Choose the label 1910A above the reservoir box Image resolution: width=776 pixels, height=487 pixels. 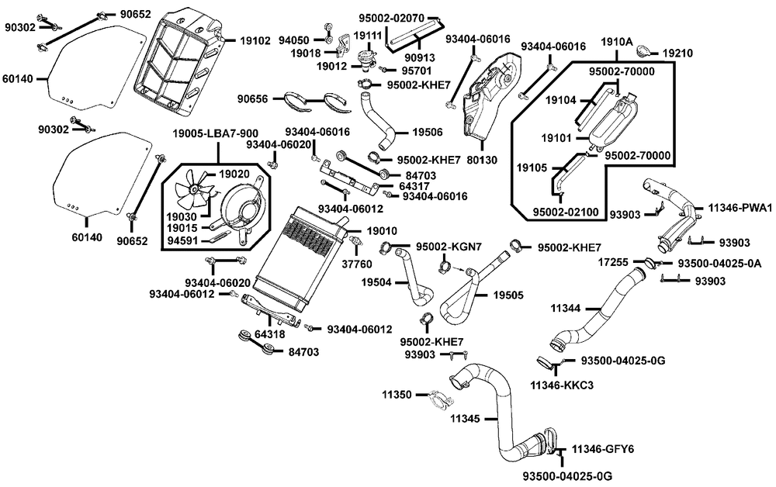pos(617,40)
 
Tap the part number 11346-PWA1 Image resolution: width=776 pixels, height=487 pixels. pos(740,208)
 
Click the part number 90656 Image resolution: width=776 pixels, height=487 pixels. pos(254,98)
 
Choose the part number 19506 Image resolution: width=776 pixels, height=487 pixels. pos(427,133)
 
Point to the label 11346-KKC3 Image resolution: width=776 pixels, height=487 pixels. pos(561,384)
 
